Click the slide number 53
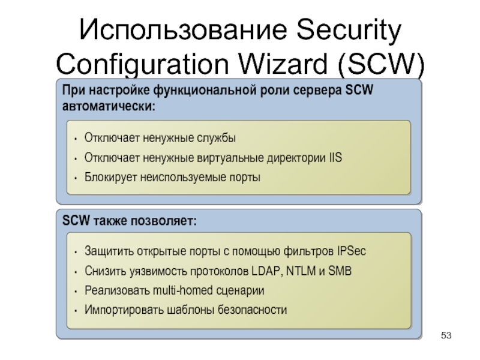coord(446,334)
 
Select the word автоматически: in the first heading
coord(108,106)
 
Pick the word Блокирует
coord(112,178)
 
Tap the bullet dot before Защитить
coord(73,251)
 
